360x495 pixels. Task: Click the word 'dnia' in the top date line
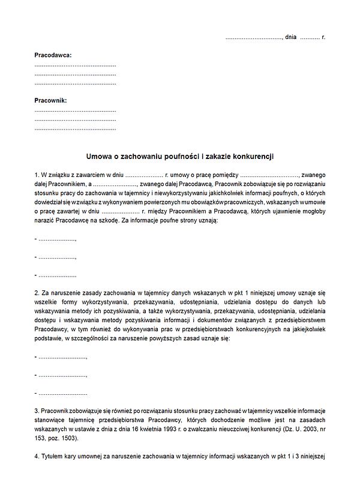[291, 37]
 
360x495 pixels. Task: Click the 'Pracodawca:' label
[53, 55]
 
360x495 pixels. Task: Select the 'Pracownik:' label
[50, 101]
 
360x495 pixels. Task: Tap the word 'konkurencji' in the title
[254, 156]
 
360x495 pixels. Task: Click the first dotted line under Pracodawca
[75, 65]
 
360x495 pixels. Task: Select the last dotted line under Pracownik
[75, 128]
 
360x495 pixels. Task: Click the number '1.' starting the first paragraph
[37, 174]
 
